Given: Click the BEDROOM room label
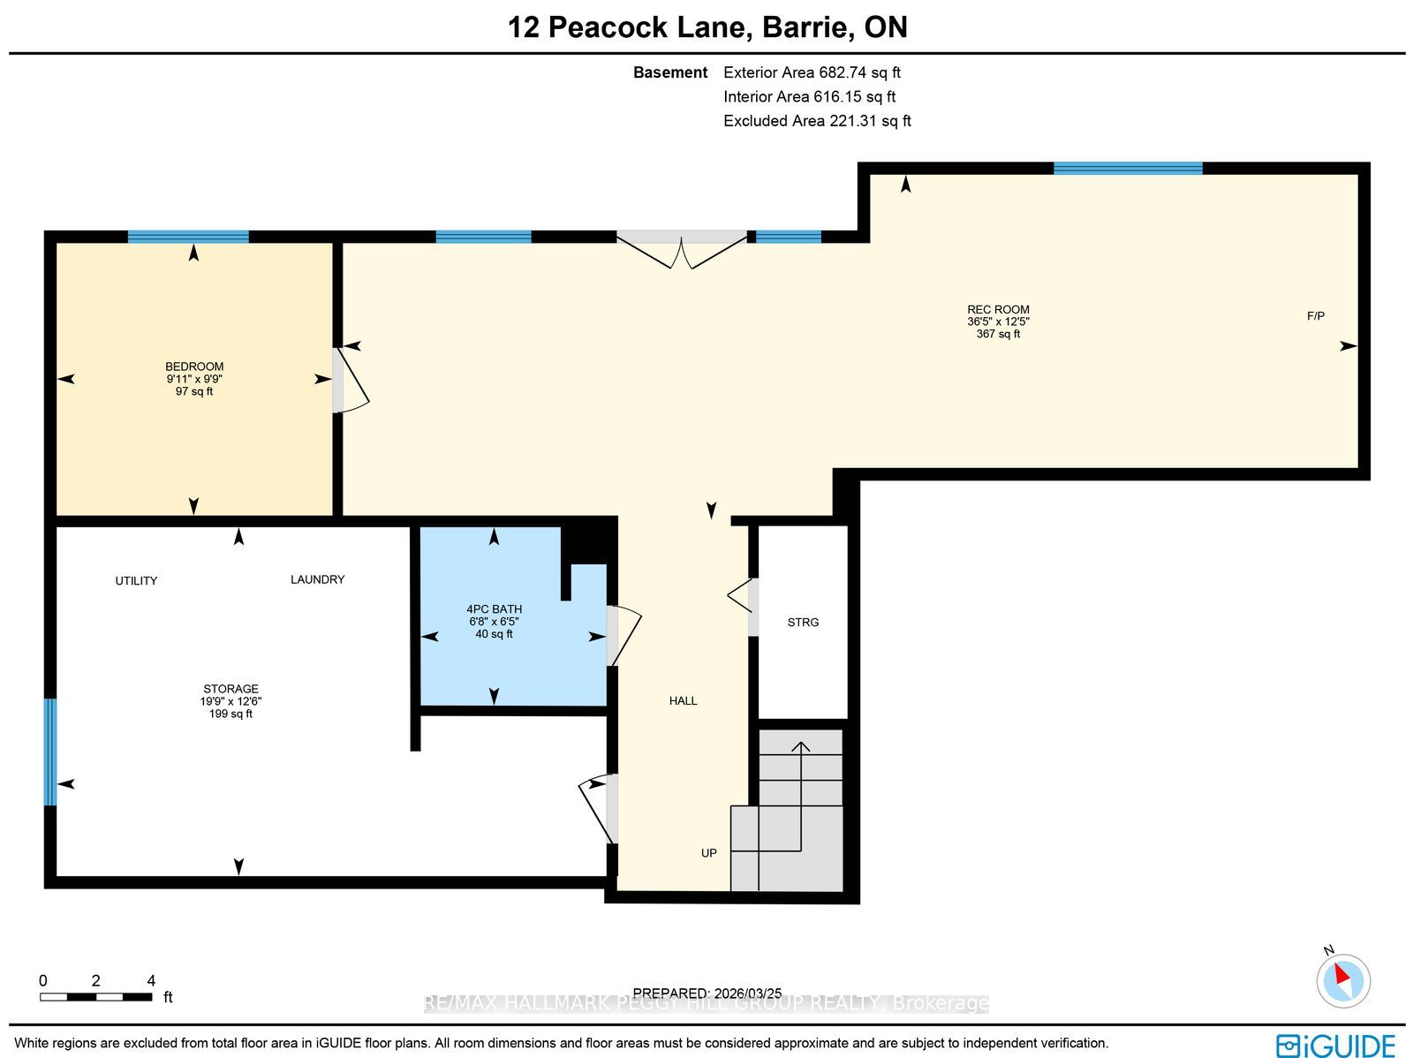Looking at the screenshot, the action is click(x=194, y=367).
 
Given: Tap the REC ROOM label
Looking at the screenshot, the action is click(x=998, y=310).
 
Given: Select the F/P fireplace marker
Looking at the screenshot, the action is click(x=1315, y=316).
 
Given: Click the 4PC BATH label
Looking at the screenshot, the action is click(x=494, y=608).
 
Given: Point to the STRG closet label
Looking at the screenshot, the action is click(x=803, y=623).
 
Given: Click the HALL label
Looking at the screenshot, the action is click(x=683, y=701).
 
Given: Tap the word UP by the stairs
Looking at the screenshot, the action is click(x=709, y=853).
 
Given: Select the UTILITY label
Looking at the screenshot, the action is click(x=136, y=581).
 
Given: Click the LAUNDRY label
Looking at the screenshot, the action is click(x=317, y=580).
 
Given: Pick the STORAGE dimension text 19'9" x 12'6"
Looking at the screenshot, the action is click(x=230, y=701).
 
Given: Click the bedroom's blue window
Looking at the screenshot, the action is click(x=188, y=237).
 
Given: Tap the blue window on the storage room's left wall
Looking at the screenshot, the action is click(x=50, y=752).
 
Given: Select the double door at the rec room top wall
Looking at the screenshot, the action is click(x=682, y=249).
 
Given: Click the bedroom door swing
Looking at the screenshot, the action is click(x=351, y=380).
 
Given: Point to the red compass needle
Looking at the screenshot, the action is click(x=1342, y=974).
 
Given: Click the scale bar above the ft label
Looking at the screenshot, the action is click(x=96, y=997).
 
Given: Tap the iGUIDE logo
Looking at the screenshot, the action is click(x=1335, y=1045).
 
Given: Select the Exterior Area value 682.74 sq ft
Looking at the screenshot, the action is click(x=859, y=72).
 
